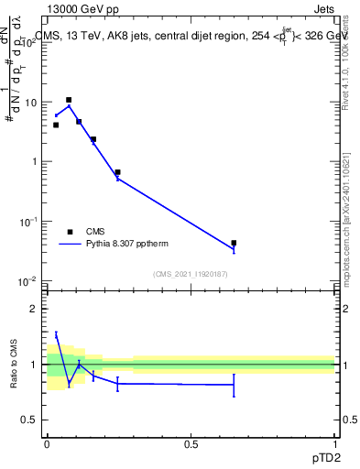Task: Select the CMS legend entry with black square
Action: [70, 232]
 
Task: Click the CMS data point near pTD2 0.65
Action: [234, 243]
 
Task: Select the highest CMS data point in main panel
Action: [68, 100]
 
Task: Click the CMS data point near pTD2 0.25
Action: [117, 172]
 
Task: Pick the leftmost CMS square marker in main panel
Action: [56, 125]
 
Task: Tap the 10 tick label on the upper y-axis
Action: [31, 103]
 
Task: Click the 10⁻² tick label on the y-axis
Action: [29, 280]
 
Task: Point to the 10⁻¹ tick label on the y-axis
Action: [29, 221]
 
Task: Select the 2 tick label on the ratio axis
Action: [35, 309]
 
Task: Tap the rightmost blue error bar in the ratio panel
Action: [234, 385]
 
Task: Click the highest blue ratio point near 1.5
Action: [56, 335]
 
